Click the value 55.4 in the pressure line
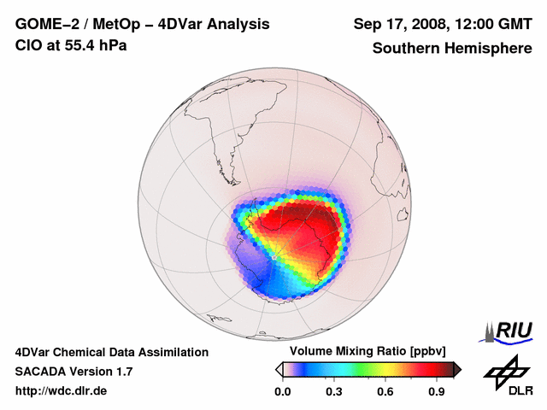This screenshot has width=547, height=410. (78, 45)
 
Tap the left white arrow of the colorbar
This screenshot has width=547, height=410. (279, 369)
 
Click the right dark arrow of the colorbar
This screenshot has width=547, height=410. (457, 369)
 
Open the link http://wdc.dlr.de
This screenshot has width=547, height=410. (62, 391)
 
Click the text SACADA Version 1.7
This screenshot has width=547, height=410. (74, 372)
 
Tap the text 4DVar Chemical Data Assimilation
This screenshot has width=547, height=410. (111, 352)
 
